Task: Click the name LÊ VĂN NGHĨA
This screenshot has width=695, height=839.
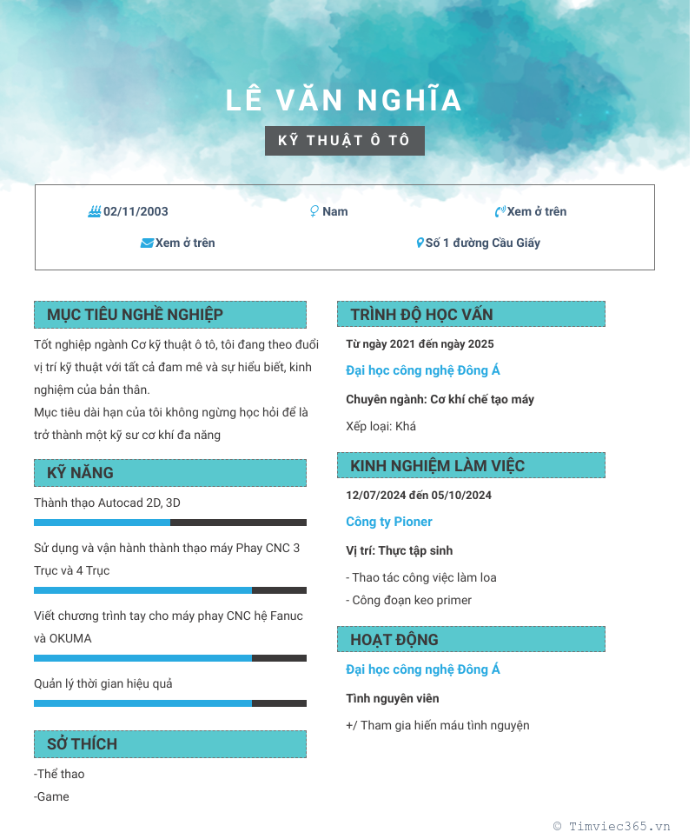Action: coord(344,101)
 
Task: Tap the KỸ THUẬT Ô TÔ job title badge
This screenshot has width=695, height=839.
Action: coord(344,141)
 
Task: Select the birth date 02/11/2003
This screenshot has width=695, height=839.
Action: coord(136,211)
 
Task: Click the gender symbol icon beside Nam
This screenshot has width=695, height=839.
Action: coord(314,211)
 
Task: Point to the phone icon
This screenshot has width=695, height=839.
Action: coord(500,211)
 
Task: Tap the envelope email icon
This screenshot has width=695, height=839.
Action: coord(147,243)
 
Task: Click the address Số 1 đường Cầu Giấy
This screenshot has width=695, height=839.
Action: coord(482,243)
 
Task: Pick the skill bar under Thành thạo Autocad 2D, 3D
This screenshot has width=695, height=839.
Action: coord(170,523)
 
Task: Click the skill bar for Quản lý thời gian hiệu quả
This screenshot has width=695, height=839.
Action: coord(170,703)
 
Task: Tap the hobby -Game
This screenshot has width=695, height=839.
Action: coord(52,796)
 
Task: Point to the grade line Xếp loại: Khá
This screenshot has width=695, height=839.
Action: coord(381,426)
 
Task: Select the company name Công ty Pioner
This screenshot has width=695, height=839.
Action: coord(388,522)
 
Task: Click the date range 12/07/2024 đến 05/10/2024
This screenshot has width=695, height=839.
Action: coord(419,495)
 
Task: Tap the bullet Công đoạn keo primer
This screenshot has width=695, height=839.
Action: coord(409,600)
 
